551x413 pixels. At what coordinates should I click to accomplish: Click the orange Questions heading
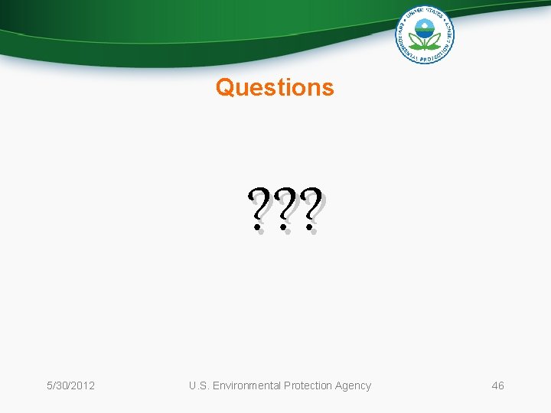(x=275, y=87)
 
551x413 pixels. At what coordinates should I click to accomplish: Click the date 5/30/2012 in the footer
(x=70, y=385)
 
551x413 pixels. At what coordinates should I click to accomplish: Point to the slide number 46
(x=497, y=385)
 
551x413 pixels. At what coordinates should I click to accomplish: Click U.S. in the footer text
(x=199, y=385)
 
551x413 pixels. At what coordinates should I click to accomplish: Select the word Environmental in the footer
(x=246, y=385)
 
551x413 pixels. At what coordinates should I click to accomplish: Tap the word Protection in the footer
(x=309, y=385)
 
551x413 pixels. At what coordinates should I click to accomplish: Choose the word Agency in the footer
(x=354, y=385)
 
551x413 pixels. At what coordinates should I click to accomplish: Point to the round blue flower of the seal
(x=425, y=31)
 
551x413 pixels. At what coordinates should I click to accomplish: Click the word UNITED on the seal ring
(x=416, y=12)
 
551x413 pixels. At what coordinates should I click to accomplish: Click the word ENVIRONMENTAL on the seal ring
(x=402, y=42)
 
